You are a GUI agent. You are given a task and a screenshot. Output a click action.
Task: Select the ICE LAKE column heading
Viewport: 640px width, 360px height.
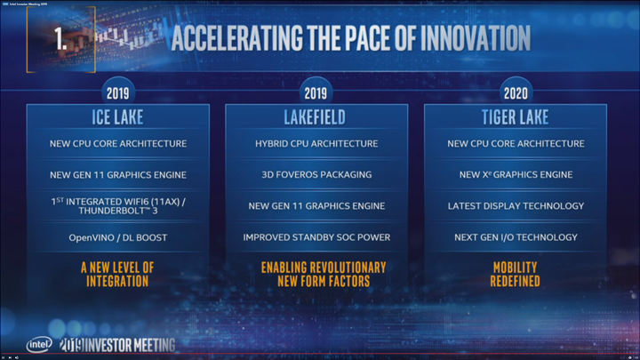117,117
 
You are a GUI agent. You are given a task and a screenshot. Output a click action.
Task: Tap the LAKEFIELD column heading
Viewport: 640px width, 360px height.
316,117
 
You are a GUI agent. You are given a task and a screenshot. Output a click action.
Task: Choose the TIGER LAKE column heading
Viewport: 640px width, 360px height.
516,117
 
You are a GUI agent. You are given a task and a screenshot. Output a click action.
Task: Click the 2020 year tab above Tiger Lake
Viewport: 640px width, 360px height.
516,92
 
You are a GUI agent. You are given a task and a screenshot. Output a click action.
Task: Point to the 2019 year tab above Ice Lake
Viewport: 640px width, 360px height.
117,92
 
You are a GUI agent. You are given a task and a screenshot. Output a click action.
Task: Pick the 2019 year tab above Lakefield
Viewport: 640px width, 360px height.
316,92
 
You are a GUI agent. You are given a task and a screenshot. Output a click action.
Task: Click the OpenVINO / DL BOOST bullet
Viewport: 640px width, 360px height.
117,237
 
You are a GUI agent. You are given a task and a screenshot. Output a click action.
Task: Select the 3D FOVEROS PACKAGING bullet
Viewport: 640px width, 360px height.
316,175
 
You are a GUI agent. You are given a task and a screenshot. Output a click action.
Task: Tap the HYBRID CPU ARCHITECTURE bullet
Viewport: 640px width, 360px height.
316,144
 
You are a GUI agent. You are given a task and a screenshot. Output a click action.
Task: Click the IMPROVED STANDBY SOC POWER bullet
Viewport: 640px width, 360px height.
316,237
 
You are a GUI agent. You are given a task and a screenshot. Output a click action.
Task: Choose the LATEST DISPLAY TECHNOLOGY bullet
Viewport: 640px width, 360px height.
516,206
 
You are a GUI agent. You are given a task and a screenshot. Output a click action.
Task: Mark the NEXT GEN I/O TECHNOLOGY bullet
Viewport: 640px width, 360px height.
516,237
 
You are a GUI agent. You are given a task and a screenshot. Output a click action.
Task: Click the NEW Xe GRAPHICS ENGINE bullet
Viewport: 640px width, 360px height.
516,175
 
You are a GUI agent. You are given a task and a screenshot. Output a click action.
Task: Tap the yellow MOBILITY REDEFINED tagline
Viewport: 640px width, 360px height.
516,274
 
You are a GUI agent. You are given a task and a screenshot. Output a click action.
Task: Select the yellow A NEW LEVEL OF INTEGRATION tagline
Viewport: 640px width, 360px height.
117,274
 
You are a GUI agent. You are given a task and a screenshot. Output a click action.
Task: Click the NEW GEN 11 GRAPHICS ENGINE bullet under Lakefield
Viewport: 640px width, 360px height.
316,206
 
